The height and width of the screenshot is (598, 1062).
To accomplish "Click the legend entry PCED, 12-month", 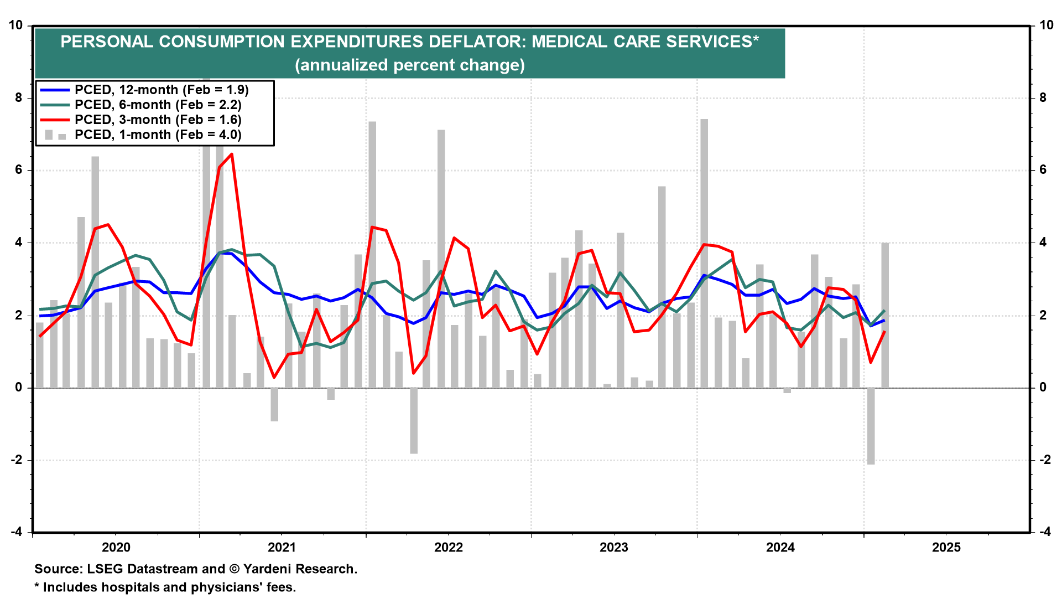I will [x=161, y=90].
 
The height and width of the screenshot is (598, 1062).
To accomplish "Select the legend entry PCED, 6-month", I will [x=158, y=105].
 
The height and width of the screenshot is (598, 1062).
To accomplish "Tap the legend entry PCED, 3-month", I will [x=158, y=120].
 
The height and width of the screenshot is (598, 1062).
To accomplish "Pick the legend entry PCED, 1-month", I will [x=158, y=135].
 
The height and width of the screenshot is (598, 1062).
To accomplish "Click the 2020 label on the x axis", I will [x=116, y=548].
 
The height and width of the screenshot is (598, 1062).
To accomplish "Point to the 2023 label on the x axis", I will [x=614, y=548].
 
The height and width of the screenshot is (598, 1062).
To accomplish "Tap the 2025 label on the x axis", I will [x=946, y=548].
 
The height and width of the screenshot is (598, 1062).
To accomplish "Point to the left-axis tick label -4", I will [x=17, y=532].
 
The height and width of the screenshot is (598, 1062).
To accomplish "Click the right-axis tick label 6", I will [x=1043, y=170].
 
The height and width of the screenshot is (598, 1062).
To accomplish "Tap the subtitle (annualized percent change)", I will [x=409, y=65].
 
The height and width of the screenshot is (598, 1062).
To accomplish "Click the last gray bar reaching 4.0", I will [x=885, y=316].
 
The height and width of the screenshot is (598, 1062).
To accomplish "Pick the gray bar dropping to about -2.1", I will [x=871, y=426].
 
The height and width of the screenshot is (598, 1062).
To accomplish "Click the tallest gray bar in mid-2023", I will [x=704, y=255].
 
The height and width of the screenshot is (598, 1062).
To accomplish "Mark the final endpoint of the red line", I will [x=885, y=332].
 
